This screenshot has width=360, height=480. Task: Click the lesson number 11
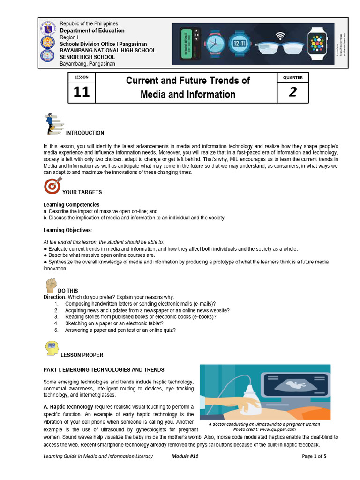coord(81,92)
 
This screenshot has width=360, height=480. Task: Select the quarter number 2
coord(293,92)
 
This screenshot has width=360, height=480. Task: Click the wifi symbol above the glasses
coord(281,34)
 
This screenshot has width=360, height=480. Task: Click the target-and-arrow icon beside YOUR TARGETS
coord(52,186)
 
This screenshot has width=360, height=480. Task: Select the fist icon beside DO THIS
coord(51,285)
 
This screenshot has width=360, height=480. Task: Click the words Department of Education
coord(92,30)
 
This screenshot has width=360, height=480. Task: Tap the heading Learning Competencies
coord(71,205)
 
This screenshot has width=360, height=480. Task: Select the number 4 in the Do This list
coord(56,323)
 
